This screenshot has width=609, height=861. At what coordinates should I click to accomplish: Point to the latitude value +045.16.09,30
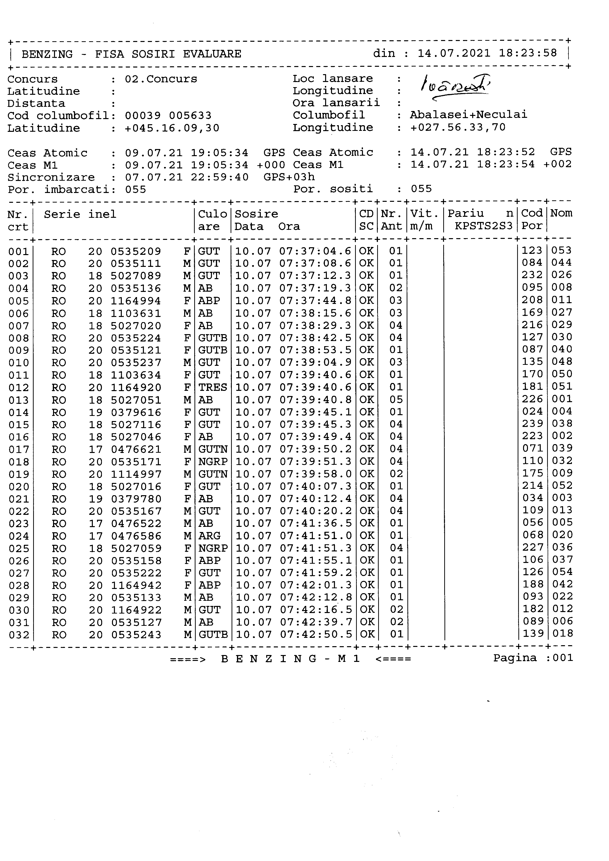tap(172, 128)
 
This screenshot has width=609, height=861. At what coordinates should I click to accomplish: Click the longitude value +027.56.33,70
tap(458, 127)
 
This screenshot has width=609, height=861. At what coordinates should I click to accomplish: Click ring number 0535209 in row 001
tap(136, 251)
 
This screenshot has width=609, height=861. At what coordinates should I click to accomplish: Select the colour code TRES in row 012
tap(213, 387)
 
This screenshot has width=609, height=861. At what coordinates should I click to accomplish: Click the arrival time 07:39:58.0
tap(315, 474)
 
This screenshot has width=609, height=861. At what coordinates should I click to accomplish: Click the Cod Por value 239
tap(532, 424)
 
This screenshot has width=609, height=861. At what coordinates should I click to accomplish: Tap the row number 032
tap(18, 635)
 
